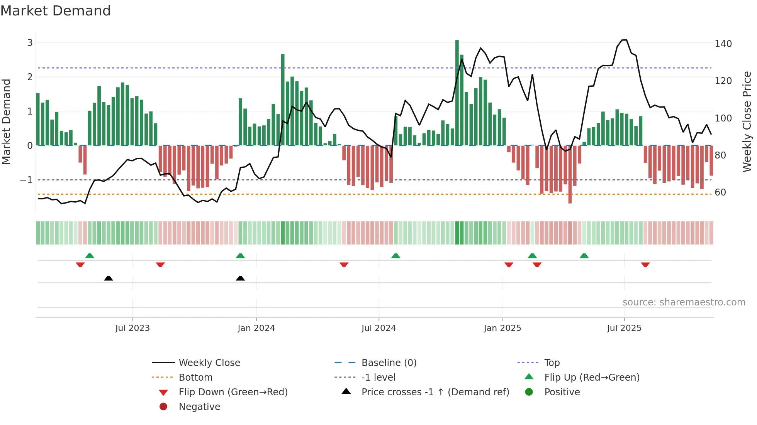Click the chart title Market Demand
(x=56, y=11)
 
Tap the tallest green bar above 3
(x=457, y=93)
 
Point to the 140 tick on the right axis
(x=723, y=44)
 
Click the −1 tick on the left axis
(x=26, y=180)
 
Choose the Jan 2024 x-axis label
(x=256, y=328)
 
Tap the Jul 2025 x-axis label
(x=624, y=328)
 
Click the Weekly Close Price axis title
(x=747, y=121)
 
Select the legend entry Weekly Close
(x=209, y=363)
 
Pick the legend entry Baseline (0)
(x=389, y=363)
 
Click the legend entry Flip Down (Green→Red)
(x=233, y=392)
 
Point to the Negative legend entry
(x=199, y=407)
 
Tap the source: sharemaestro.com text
(x=684, y=302)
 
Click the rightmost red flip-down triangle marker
(x=645, y=265)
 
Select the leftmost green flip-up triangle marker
(x=90, y=256)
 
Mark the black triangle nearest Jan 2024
(x=240, y=278)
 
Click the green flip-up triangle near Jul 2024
(x=395, y=256)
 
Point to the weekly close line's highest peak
(x=624, y=40)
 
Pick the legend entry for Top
(x=552, y=363)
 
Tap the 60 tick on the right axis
(x=720, y=192)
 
